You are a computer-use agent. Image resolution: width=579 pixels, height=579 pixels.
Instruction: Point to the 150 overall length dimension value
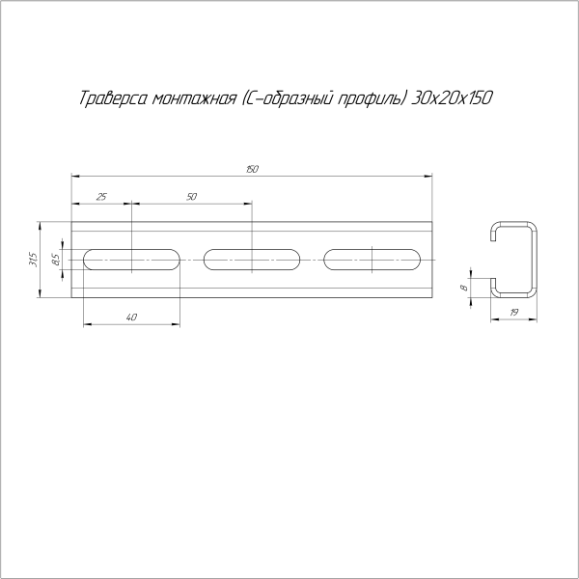(252, 169)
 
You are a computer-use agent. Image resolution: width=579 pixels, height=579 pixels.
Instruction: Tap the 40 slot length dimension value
(131, 317)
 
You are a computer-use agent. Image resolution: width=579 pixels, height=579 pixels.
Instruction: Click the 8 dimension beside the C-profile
(463, 287)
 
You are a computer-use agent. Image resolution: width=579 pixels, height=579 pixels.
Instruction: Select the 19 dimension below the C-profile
(513, 313)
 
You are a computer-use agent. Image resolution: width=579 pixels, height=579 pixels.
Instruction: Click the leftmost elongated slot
(131, 259)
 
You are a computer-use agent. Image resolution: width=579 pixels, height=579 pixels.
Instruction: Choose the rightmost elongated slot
(372, 259)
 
